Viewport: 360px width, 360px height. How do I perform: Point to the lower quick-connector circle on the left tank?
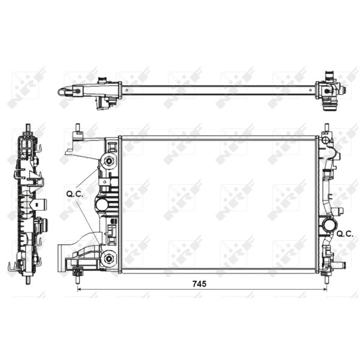[109, 259]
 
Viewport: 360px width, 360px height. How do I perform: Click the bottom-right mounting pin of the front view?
[327, 275]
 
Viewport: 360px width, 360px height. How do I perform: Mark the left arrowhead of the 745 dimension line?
[80, 290]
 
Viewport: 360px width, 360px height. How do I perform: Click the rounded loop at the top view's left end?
[64, 92]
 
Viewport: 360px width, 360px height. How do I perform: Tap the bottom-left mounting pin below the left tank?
[77, 275]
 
